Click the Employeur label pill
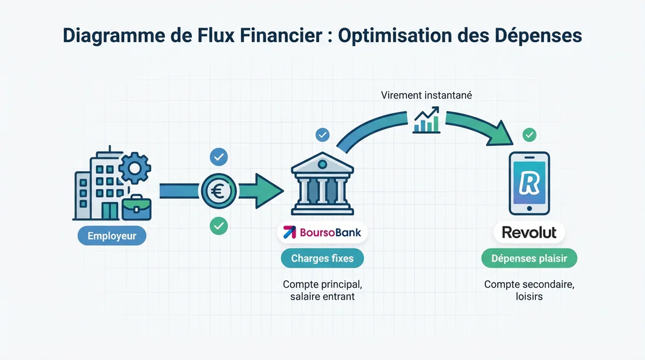tap(112, 237)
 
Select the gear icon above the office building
tap(134, 169)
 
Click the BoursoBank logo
tap(322, 232)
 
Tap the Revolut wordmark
tap(529, 232)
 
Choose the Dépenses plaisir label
tap(529, 258)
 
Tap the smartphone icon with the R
tap(529, 183)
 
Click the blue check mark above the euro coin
tap(219, 157)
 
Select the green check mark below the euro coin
tap(219, 225)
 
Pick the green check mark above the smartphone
tap(529, 135)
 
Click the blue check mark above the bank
tap(322, 135)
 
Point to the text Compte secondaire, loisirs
tap(529, 290)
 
